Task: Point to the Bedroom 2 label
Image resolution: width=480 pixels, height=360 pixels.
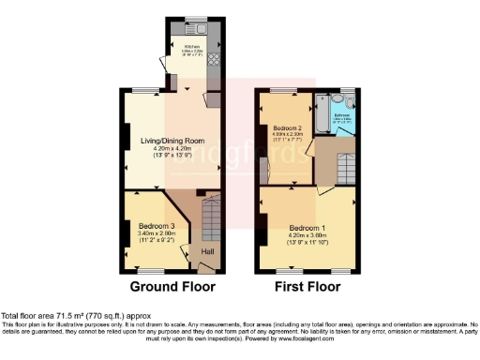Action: coord(286,128)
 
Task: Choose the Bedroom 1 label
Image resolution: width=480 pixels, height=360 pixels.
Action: coord(307,229)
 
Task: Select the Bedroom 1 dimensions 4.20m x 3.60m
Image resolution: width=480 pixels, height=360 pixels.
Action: coord(307,236)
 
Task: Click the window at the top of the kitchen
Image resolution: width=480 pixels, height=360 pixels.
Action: coord(197,20)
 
